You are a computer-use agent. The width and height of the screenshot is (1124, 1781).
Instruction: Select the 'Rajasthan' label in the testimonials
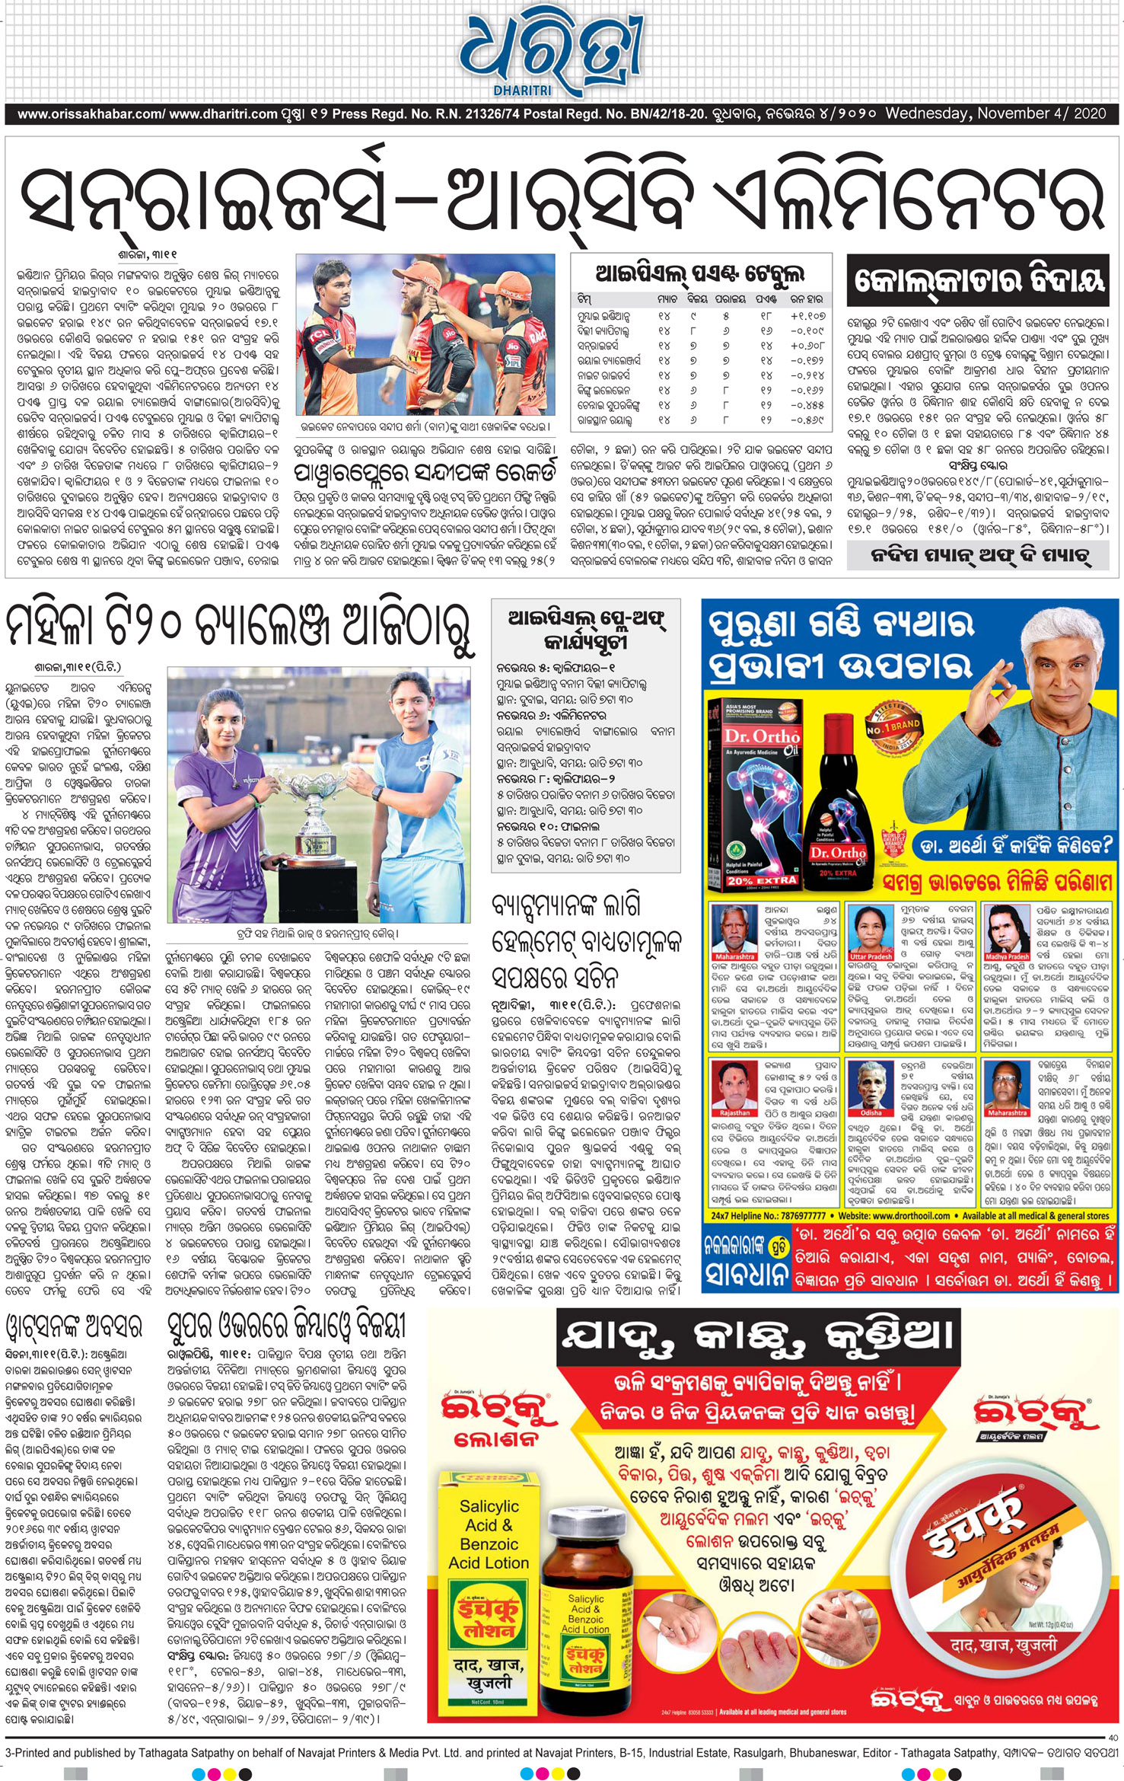coord(734,1112)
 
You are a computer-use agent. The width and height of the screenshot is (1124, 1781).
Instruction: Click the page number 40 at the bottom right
coord(1113,1738)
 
